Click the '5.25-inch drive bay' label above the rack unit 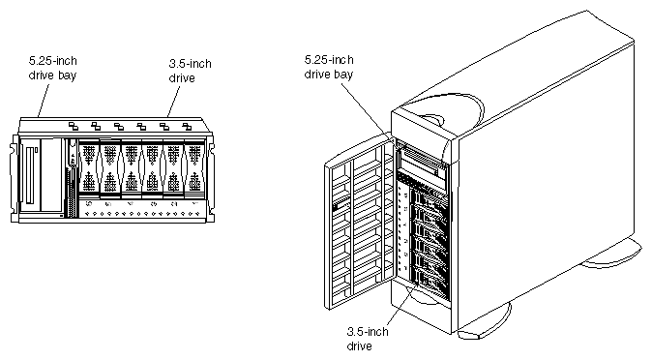(52, 66)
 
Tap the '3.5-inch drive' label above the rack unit (189, 71)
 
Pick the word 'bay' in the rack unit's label (67, 73)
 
